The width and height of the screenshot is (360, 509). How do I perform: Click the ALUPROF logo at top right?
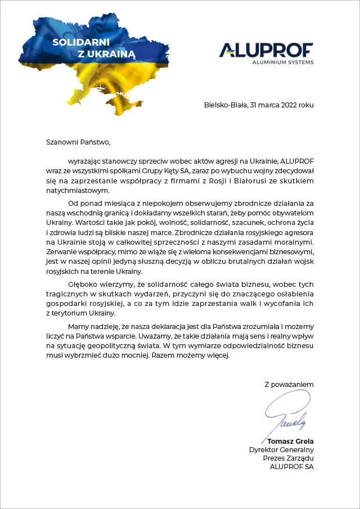coord(266,49)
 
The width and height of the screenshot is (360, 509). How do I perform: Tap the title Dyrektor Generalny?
coord(281,449)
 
